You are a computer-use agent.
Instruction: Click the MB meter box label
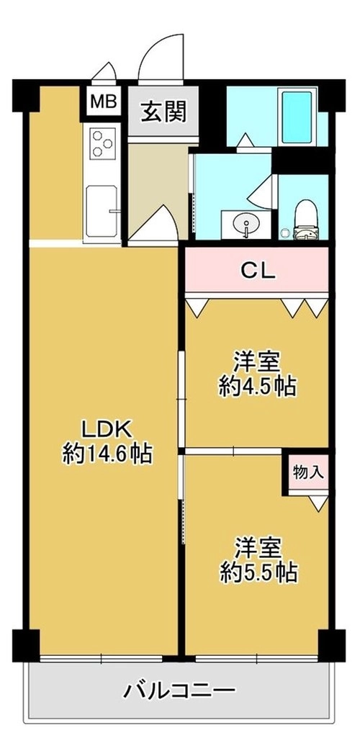[104, 102]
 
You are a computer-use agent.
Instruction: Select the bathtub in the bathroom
[297, 117]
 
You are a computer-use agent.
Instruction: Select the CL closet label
[258, 271]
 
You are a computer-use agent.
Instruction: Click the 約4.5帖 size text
[257, 386]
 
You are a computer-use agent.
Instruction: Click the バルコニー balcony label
[180, 692]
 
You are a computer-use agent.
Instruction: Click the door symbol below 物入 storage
[318, 503]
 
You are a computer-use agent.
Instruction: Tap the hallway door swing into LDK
[154, 222]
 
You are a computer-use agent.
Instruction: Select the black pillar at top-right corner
[332, 95]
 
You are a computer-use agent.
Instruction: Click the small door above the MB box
[104, 71]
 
